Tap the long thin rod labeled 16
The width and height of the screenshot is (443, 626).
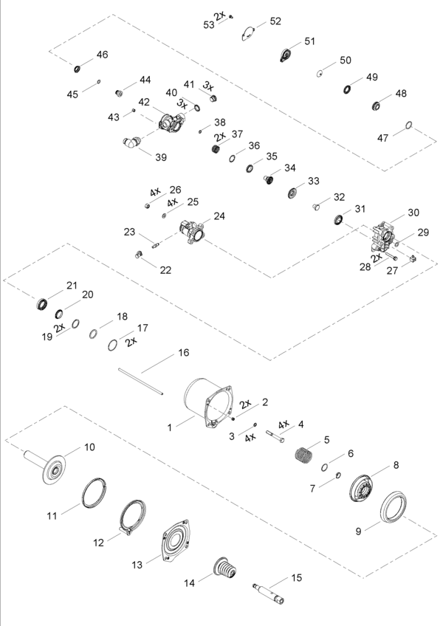pos(141,382)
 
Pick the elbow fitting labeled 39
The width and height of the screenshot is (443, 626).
pos(131,142)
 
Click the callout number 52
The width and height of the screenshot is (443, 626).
pos(275,21)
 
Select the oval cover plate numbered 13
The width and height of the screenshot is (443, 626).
pos(176,541)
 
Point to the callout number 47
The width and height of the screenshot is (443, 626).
pos(382,138)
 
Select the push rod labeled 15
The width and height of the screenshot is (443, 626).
pos(269,594)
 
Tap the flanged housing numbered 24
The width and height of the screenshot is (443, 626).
pos(192,232)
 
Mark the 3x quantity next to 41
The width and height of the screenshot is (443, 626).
pos(208,86)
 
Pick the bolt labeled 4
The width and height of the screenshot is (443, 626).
pos(275,436)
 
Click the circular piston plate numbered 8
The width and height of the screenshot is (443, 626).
pos(363,487)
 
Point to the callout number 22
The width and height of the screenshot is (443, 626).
pos(166,270)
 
